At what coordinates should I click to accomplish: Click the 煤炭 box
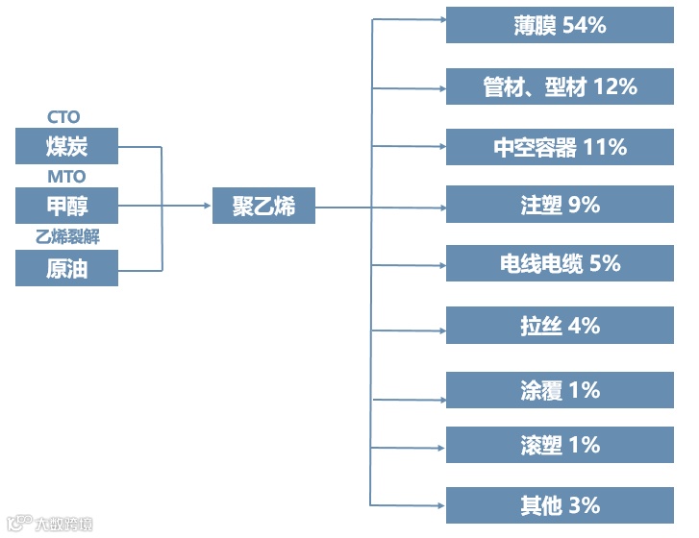pos(66,146)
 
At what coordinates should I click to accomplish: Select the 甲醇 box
pos(66,206)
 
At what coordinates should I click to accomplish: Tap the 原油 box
pos(66,268)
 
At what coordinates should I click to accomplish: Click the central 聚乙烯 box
pos(262,206)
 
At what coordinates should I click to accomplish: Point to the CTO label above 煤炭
pos(64,117)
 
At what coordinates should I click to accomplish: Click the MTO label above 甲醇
pos(66,177)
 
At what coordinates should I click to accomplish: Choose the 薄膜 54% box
pos(560,25)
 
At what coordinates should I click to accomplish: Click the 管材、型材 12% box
pos(560,86)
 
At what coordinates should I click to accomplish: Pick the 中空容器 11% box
pos(560,147)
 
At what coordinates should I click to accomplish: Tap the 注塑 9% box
pos(560,205)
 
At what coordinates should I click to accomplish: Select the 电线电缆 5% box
pos(560,263)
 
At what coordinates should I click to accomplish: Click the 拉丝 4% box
pos(560,326)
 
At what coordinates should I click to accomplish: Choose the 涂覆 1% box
pos(560,390)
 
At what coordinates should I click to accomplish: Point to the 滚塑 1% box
pos(560,445)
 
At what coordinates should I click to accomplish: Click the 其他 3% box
pos(560,505)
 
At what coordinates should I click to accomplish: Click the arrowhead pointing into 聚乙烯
pos(206,206)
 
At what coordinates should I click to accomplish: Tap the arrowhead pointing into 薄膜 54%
pos(439,17)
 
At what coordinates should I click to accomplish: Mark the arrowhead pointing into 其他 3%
pos(439,504)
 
